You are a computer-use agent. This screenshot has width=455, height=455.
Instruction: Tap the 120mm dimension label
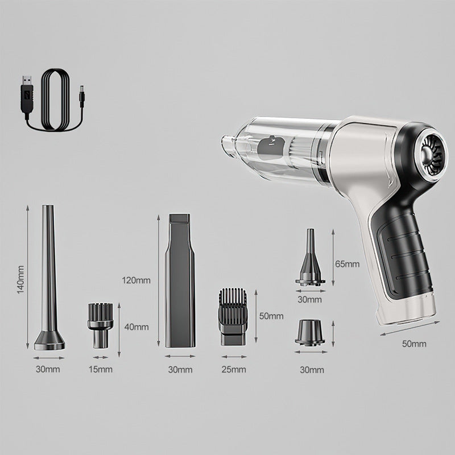pos(136,280)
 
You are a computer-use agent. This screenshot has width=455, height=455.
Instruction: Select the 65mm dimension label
pos(348,264)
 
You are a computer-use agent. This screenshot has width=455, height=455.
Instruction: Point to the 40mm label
pos(136,326)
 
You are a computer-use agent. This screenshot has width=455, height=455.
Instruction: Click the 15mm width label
pos(101,370)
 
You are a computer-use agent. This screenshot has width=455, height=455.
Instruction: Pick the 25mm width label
pos(234,370)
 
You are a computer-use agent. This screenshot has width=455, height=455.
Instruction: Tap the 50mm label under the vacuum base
pos(414,344)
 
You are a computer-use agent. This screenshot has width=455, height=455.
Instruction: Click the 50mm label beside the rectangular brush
pos(271,316)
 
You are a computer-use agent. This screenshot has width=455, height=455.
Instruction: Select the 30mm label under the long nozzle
pos(48,370)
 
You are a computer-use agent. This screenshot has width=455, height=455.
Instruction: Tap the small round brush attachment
pos(99,324)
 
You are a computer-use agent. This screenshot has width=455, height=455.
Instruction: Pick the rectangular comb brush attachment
pos(232,316)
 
